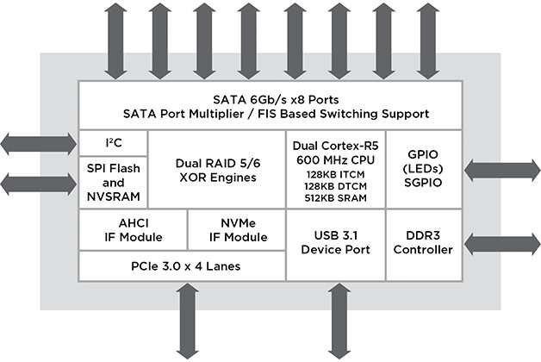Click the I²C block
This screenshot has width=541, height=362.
tap(113, 142)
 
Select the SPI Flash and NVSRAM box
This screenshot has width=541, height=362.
tap(113, 181)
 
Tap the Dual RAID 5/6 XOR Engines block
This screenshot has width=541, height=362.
tap(216, 170)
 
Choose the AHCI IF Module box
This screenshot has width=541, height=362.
tap(132, 230)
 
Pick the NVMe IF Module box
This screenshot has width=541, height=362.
tap(235, 230)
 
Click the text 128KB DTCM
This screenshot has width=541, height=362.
tap(335, 185)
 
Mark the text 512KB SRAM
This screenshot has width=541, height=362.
tap(335, 197)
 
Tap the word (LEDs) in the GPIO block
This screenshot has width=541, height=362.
tap(428, 175)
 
